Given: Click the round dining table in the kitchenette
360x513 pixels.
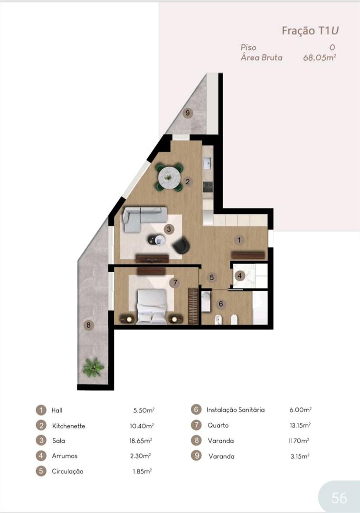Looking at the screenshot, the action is click(170, 178).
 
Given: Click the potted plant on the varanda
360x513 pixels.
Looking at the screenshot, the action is click(94, 367).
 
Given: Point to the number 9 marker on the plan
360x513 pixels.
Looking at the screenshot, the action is click(187, 113).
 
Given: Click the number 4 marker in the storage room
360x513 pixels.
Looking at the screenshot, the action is click(240, 276).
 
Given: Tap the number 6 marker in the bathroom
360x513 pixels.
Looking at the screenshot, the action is click(221, 304).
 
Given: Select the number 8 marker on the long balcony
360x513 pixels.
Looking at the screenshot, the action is click(88, 325).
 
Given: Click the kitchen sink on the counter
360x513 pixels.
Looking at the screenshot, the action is click(208, 162).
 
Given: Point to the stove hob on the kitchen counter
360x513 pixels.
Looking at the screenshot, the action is click(208, 187).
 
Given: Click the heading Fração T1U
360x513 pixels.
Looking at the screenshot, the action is click(310, 31).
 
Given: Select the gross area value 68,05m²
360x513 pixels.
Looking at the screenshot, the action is click(320, 57).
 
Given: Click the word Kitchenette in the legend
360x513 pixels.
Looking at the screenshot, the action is click(69, 426).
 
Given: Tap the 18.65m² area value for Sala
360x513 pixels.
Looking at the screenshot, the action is click(141, 441).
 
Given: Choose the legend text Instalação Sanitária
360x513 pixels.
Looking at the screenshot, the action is click(236, 409).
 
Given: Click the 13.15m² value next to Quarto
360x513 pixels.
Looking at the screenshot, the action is click(300, 425).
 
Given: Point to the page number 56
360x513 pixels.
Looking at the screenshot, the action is click(339, 498).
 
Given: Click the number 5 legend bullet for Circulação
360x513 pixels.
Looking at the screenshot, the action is click(41, 471).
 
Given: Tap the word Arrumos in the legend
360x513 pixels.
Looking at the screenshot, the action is click(65, 456).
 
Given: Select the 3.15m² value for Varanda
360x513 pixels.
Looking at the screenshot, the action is click(300, 456).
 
